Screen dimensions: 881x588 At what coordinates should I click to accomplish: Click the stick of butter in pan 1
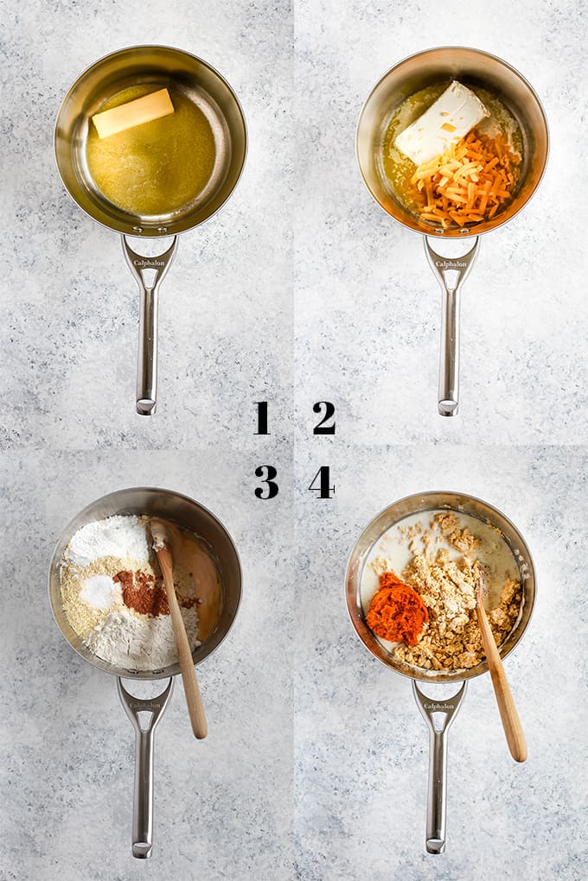tap(133, 112)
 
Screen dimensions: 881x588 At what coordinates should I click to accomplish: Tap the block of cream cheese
tap(441, 123)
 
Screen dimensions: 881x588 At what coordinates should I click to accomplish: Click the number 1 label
tap(261, 418)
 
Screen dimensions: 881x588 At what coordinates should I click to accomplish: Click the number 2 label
tap(324, 418)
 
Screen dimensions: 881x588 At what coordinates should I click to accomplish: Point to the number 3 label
tap(266, 482)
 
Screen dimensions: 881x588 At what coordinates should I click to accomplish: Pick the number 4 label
tap(322, 482)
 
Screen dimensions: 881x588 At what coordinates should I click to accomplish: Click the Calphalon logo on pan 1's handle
tap(150, 263)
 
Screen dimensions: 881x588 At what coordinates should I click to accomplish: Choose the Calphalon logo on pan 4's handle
tap(438, 707)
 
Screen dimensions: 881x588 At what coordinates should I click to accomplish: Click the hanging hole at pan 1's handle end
tap(146, 404)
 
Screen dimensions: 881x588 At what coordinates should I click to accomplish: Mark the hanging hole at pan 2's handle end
tap(447, 405)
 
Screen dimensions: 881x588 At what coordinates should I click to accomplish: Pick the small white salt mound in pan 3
tap(101, 592)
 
